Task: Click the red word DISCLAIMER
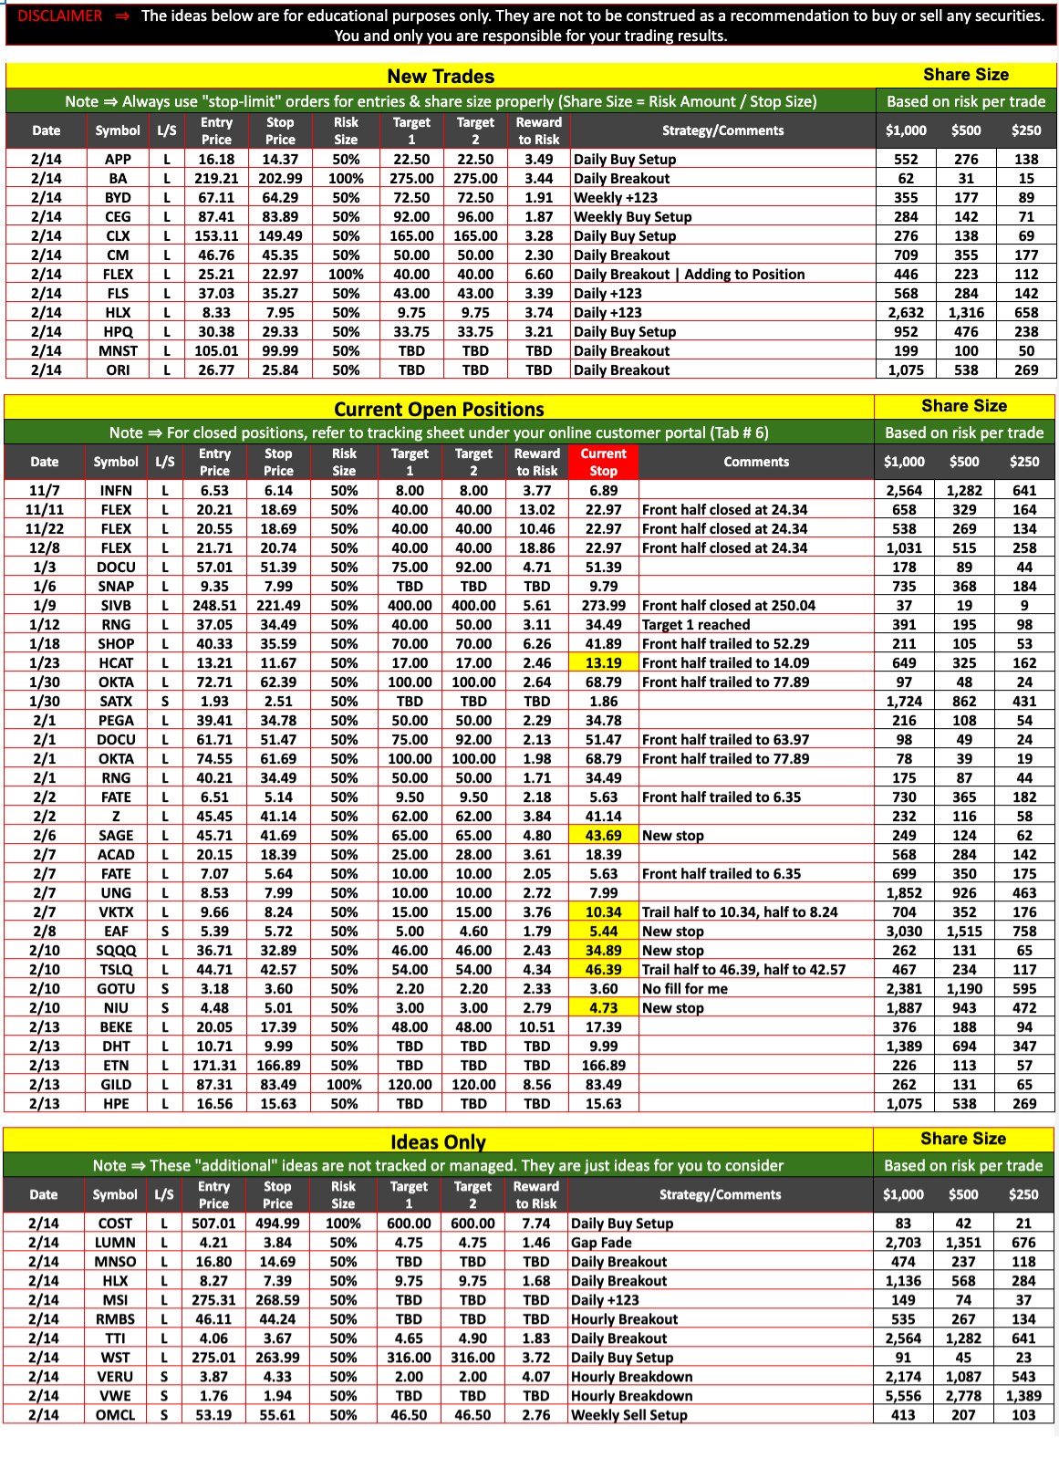coord(60,16)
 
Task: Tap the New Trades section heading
coord(441,77)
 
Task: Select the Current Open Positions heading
coord(439,409)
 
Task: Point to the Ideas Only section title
coord(438,1141)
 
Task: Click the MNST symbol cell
coord(118,351)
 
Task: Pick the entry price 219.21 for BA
coord(216,179)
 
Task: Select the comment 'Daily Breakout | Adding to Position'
coord(689,275)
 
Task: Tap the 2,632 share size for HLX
coord(905,313)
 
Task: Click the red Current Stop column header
coord(603,462)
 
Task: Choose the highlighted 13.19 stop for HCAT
coord(603,663)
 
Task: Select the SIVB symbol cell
coord(116,606)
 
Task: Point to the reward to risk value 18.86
coord(536,548)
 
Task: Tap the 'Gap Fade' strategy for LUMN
coord(601,1243)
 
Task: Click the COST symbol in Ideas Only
coord(115,1224)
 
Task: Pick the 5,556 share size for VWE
coord(902,1396)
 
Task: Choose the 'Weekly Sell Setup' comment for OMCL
coord(628,1415)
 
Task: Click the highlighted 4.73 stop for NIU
coord(603,1008)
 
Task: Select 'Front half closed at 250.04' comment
coord(728,606)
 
